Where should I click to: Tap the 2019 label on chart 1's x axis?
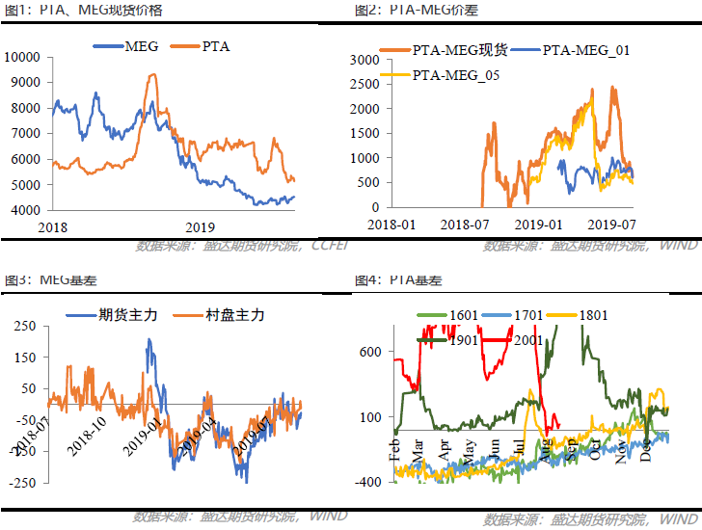[199, 227]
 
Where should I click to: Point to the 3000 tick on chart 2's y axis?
[364, 59]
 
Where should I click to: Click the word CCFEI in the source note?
[331, 245]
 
